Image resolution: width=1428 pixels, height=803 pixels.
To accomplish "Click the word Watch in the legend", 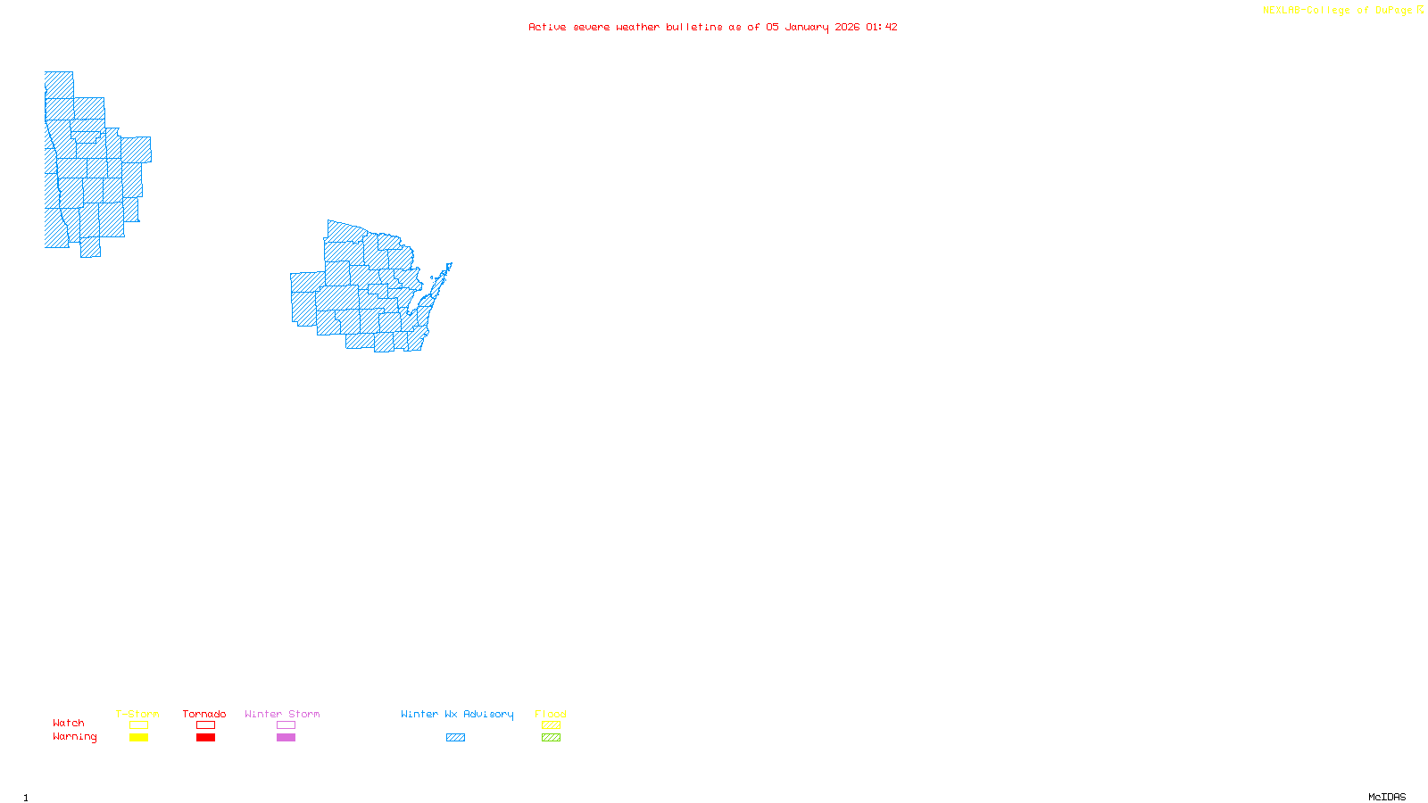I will (69, 724).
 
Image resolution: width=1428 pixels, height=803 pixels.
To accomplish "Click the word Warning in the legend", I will (75, 737).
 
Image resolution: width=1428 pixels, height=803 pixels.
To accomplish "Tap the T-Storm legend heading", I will (137, 714).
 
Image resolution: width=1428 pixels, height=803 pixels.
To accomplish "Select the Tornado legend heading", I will (204, 714).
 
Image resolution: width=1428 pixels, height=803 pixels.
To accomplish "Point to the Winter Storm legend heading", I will (282, 714).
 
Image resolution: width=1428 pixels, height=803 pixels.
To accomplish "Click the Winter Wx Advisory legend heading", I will (457, 714).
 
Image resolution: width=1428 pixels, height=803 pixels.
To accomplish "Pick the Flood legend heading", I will (551, 714).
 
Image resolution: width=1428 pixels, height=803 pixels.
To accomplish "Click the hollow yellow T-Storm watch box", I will (138, 725).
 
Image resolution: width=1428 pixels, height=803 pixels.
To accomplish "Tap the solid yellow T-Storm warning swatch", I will (138, 738).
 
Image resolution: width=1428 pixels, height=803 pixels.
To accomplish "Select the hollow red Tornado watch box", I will (205, 725).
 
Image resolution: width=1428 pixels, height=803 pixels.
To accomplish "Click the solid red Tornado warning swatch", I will (205, 738).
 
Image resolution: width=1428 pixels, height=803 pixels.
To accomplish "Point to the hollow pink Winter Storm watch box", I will (286, 725).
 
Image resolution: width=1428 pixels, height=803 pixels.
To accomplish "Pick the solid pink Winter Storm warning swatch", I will (286, 738).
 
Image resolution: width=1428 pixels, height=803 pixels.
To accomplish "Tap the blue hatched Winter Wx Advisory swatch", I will (455, 738).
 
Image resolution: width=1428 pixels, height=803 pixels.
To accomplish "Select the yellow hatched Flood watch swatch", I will (551, 725).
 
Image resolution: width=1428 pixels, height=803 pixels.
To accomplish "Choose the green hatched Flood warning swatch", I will (551, 738).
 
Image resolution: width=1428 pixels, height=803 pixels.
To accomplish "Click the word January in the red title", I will (807, 28).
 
